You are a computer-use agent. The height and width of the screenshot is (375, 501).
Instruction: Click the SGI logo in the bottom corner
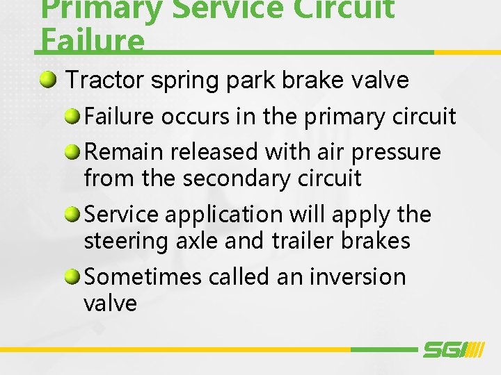[x=453, y=350]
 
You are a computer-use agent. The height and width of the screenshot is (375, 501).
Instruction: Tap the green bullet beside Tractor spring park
[x=49, y=81]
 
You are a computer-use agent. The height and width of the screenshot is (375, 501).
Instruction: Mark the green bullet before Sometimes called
[x=72, y=276]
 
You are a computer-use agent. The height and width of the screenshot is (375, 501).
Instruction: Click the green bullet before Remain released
[x=72, y=151]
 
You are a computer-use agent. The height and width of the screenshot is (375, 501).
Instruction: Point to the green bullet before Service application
[x=72, y=215]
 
